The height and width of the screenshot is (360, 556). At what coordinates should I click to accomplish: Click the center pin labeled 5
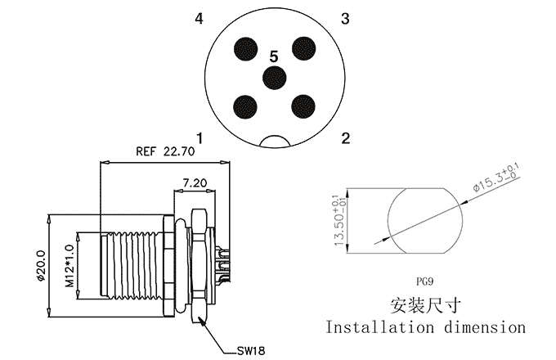(x=274, y=78)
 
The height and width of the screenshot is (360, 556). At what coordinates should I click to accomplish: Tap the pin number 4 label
(x=200, y=19)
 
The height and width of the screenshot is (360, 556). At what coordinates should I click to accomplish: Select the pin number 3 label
(x=345, y=19)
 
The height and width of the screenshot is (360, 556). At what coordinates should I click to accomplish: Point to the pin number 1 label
(x=200, y=138)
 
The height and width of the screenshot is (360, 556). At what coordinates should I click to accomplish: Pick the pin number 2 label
(x=345, y=138)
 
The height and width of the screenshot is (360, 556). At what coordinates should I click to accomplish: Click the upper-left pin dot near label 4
(x=246, y=48)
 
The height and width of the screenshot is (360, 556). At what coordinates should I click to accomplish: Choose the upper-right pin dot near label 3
(x=304, y=48)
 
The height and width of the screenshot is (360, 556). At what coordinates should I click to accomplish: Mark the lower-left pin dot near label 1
(x=245, y=106)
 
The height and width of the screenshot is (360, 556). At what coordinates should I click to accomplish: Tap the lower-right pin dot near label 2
(x=303, y=106)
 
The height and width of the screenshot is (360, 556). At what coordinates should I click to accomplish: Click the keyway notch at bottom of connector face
(x=276, y=142)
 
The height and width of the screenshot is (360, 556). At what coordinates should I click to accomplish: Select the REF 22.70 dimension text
(x=165, y=151)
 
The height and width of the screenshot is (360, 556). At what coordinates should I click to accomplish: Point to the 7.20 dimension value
(x=195, y=182)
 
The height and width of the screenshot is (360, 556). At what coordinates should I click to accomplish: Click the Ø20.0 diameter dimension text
(x=41, y=266)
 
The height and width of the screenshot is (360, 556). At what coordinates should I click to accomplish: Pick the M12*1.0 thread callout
(x=69, y=266)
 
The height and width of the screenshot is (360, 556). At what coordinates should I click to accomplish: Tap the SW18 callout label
(x=251, y=351)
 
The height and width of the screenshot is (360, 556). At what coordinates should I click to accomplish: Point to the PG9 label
(x=425, y=282)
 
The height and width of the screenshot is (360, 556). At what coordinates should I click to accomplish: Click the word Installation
(x=379, y=327)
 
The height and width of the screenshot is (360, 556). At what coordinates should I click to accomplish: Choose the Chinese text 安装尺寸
(x=426, y=305)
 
